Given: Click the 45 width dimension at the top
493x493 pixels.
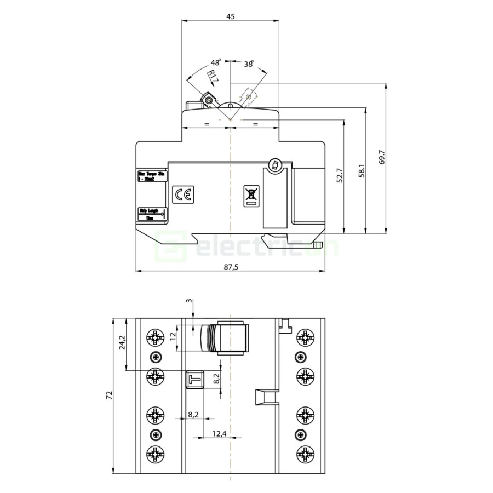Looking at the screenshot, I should pyautogui.click(x=230, y=16).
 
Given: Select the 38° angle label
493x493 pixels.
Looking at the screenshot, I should pyautogui.click(x=248, y=64).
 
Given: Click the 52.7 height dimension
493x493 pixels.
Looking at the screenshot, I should pyautogui.click(x=339, y=175).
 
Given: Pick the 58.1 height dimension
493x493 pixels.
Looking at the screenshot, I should pyautogui.click(x=361, y=171).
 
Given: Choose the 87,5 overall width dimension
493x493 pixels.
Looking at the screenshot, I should pyautogui.click(x=231, y=267).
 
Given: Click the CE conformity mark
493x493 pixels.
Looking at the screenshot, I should pyautogui.click(x=182, y=195).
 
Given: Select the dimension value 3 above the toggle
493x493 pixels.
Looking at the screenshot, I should pyautogui.click(x=190, y=303).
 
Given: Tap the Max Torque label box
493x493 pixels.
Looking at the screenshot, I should pyautogui.click(x=151, y=175).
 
